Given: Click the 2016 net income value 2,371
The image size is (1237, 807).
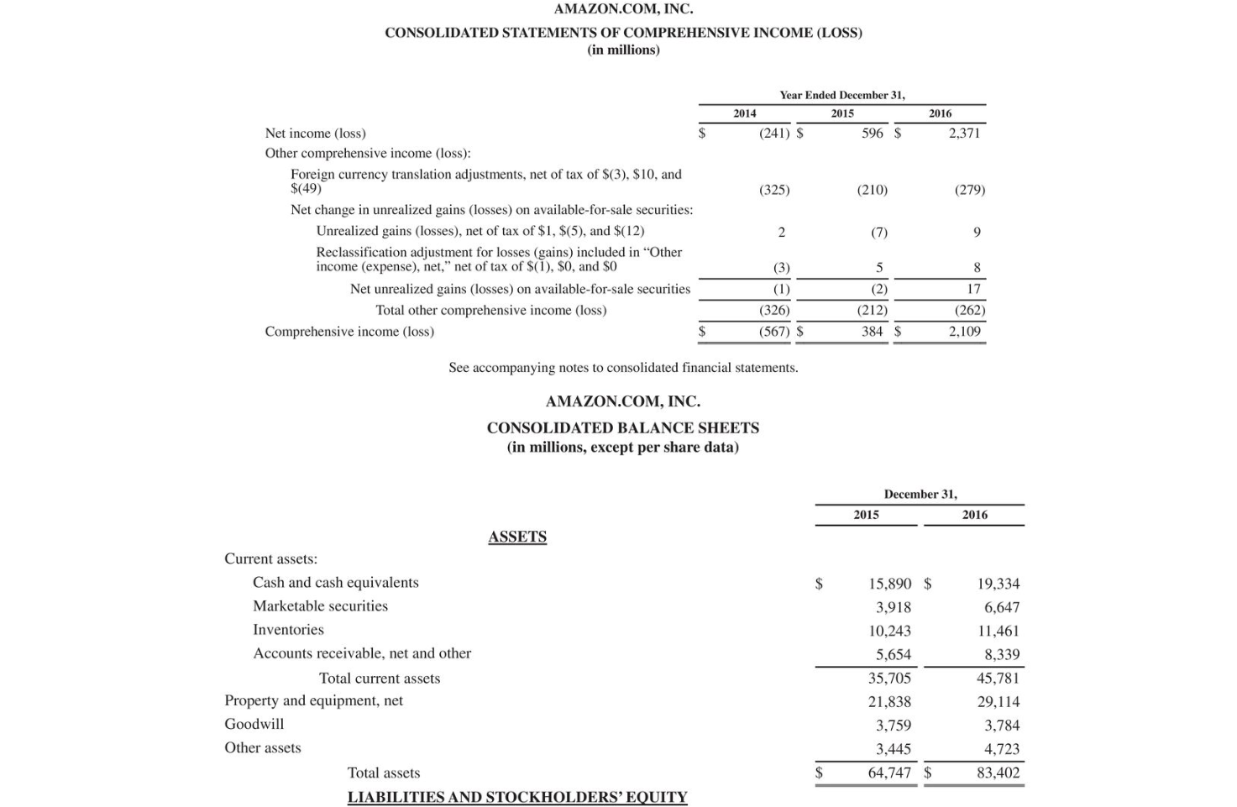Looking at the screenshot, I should click(964, 133).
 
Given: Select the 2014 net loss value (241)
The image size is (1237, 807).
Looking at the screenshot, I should click(774, 133).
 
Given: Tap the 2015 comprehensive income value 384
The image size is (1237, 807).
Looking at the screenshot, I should click(873, 331).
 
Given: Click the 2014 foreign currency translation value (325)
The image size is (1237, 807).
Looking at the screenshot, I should click(774, 190).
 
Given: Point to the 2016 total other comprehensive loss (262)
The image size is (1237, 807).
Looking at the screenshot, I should click(969, 310).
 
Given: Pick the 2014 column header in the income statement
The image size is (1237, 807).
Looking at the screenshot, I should click(744, 113).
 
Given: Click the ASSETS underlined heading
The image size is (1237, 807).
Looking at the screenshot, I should click(517, 537).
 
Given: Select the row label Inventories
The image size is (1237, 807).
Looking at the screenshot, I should click(288, 630).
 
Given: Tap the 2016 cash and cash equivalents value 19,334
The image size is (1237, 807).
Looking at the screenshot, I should click(998, 584).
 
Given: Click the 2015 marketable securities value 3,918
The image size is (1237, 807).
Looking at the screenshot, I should click(893, 607).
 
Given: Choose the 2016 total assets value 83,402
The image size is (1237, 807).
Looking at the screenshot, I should click(998, 773).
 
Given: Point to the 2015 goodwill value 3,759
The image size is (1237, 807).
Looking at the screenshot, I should click(893, 726).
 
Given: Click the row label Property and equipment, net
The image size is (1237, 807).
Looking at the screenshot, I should click(313, 700).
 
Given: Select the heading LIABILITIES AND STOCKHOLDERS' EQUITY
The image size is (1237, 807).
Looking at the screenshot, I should click(517, 797).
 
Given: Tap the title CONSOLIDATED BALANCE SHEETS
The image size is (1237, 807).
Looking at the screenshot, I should click(622, 427).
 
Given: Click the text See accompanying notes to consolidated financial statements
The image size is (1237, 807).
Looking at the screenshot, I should click(623, 368).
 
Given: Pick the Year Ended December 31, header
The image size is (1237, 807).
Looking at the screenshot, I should click(841, 95).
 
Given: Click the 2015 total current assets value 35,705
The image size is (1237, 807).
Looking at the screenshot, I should click(889, 678).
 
